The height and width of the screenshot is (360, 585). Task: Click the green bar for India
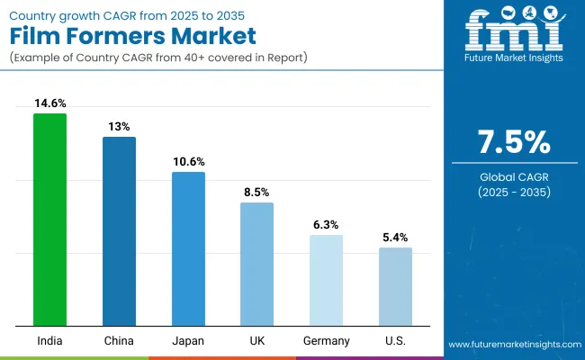[x=49, y=220]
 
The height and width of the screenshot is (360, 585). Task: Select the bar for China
[x=119, y=231]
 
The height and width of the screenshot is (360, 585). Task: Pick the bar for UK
[x=256, y=264]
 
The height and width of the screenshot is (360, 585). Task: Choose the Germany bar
[x=326, y=280]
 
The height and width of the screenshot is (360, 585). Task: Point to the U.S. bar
[x=395, y=286]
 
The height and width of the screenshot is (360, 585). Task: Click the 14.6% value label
[x=49, y=103]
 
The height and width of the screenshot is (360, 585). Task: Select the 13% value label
[x=119, y=127]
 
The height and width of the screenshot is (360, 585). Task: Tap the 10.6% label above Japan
[x=188, y=162]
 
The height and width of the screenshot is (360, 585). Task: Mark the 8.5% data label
[x=256, y=193]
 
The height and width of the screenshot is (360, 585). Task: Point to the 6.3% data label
[x=326, y=225]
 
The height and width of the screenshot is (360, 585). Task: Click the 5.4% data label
[x=395, y=238]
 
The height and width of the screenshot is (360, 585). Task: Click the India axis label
[x=49, y=341]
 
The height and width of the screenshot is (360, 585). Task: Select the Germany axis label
[x=326, y=341]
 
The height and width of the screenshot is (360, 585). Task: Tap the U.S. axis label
[x=395, y=341]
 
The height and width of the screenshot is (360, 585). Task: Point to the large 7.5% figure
[x=513, y=143]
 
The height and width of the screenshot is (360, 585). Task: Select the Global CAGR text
[x=513, y=177]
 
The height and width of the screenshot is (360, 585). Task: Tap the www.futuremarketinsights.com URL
[x=512, y=345]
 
